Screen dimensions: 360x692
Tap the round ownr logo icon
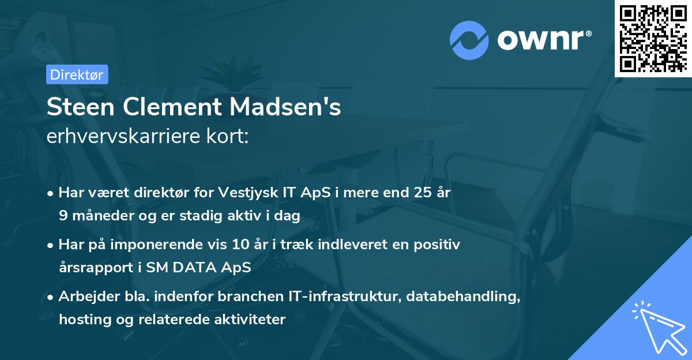[469, 40]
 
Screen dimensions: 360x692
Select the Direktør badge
[77, 74]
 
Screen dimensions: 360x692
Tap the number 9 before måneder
[63, 216]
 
